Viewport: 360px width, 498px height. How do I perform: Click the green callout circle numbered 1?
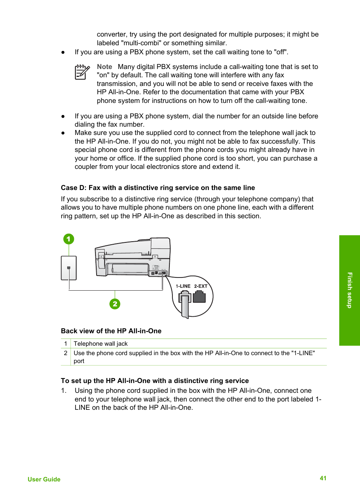pos(69,239)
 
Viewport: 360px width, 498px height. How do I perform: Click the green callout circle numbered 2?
pos(115,304)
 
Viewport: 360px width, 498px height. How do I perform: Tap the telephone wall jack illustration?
pos(69,268)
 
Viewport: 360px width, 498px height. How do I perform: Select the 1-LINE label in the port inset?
pos(183,286)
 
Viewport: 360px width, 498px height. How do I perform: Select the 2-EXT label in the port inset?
pos(201,286)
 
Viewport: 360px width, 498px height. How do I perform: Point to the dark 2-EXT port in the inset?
pos(199,297)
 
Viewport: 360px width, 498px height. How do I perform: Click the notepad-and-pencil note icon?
pos(82,72)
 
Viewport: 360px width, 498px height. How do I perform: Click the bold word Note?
pos(105,67)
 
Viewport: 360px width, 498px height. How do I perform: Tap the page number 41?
pos(323,478)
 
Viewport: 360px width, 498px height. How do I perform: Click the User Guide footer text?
pos(44,479)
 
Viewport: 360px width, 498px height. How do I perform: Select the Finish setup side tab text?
pos(349,290)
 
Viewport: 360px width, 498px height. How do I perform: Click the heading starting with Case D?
pos(158,188)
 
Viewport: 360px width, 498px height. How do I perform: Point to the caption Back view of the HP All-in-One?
pos(111,331)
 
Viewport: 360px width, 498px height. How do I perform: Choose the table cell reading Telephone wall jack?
pos(101,343)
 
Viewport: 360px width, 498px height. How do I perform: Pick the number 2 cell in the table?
pos(66,353)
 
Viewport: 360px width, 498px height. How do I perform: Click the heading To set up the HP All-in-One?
pos(155,381)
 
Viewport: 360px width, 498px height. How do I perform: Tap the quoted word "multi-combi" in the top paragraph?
pos(141,43)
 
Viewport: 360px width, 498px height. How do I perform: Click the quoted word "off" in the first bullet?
pos(280,52)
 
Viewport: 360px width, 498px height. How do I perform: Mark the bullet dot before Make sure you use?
pos(63,133)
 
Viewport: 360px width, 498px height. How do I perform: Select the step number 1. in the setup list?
pos(64,391)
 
